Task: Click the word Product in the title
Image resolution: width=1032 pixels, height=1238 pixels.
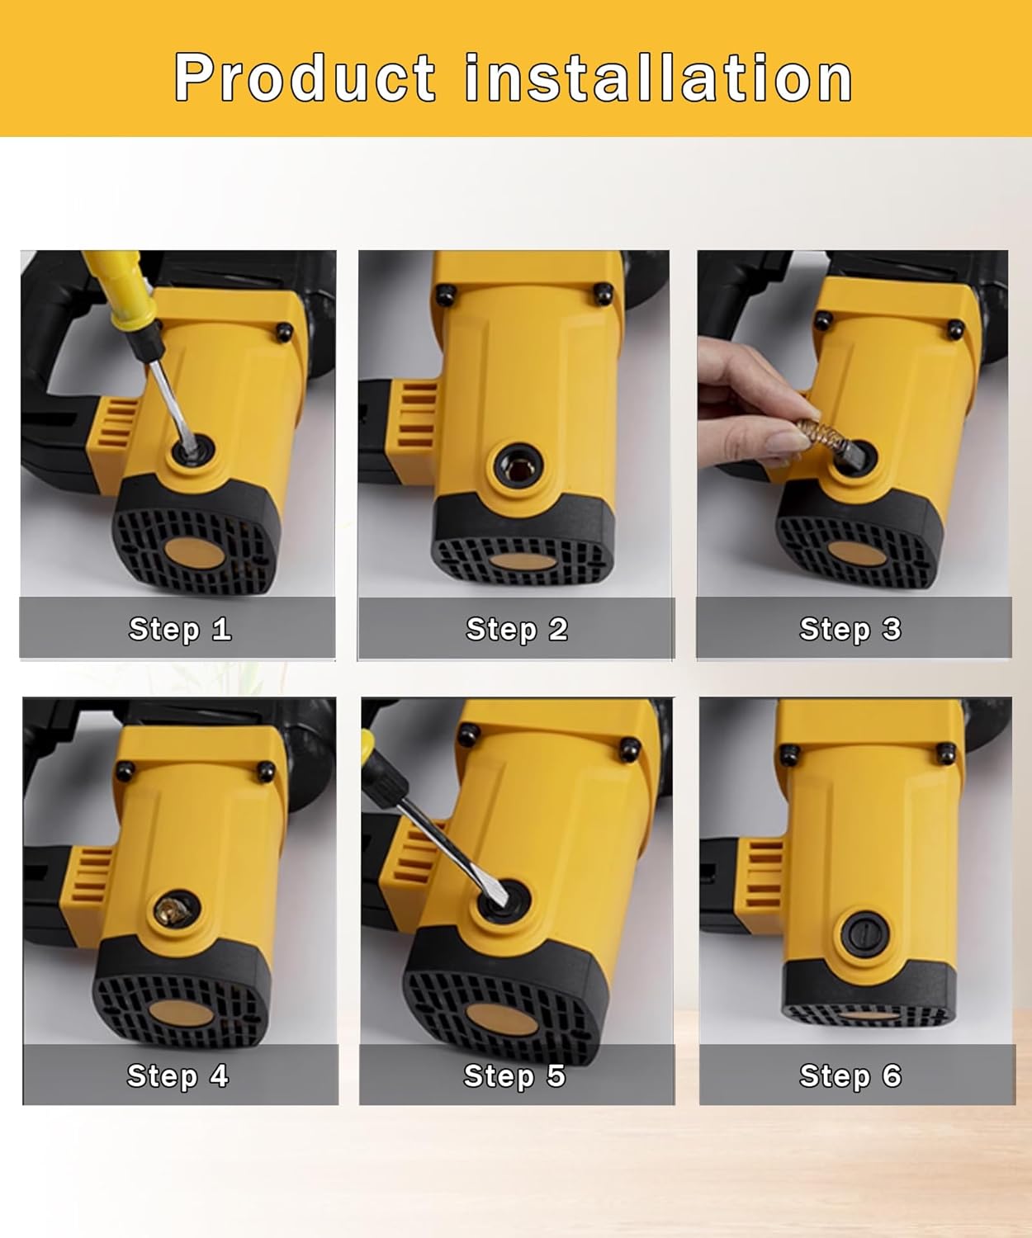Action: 305,78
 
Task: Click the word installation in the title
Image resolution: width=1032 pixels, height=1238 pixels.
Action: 658,77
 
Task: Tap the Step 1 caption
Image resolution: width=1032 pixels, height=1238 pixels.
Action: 180,630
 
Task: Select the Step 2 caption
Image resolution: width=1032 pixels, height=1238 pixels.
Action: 517,630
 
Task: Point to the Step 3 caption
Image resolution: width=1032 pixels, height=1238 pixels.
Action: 850,630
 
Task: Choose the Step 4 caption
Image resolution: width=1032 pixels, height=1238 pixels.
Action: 178,1076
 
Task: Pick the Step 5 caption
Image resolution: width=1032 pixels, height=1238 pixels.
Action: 514,1076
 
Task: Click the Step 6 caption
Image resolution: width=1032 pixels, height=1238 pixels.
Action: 850,1076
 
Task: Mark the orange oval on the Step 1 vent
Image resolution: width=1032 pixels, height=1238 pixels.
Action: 194,552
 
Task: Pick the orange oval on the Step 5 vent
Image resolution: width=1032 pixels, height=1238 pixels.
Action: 502,1021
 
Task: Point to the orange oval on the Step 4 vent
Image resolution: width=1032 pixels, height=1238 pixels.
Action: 181,1014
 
